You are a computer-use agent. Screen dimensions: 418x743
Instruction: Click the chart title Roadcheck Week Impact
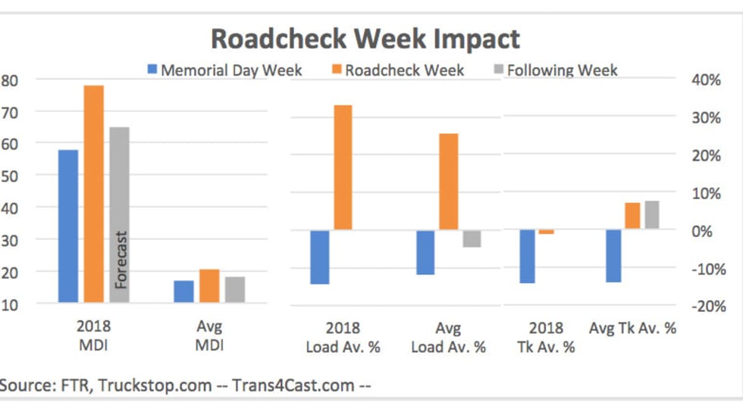coord(365,39)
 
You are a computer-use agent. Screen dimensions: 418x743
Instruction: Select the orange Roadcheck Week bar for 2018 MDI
coord(94,194)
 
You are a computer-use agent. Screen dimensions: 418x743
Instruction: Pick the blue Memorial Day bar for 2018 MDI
coord(68,226)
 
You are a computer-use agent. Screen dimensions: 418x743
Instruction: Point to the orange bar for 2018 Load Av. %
coord(343,167)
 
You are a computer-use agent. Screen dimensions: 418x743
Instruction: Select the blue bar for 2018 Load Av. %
coord(320,257)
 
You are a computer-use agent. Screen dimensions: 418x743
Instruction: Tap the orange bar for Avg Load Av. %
coord(449,182)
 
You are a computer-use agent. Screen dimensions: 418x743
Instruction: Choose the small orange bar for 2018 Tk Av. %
coord(547,232)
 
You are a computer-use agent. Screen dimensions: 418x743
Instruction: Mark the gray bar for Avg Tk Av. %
coord(652,215)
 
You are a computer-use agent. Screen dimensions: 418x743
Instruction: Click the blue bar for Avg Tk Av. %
coord(613,256)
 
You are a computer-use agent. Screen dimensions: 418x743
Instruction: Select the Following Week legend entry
coord(562,70)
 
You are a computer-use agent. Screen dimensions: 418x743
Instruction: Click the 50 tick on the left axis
coord(16,175)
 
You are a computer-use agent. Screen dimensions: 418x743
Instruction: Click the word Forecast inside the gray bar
coord(121,260)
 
